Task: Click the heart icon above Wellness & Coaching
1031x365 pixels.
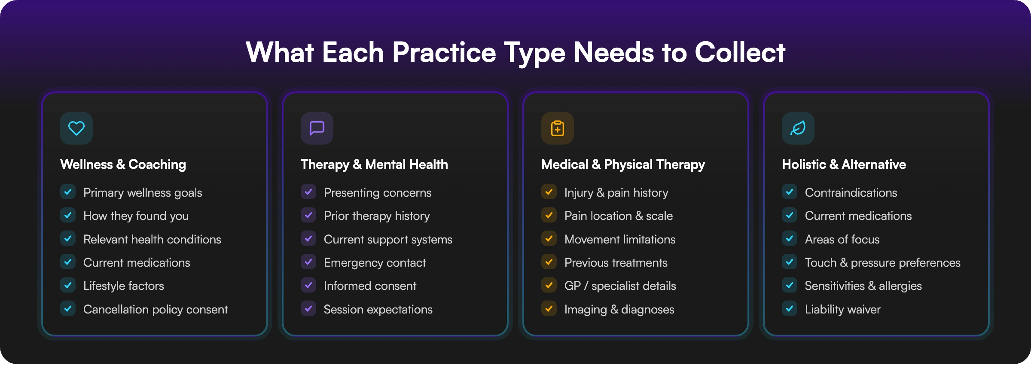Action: (x=76, y=128)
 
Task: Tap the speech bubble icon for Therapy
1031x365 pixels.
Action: (x=317, y=128)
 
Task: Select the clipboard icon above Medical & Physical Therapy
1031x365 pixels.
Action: (x=558, y=128)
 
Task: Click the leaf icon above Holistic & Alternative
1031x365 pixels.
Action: (x=798, y=128)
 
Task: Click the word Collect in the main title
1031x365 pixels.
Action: (x=740, y=52)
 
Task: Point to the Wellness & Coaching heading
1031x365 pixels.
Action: (x=123, y=164)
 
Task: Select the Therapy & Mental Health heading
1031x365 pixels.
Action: (x=374, y=164)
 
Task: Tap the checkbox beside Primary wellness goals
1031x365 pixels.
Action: (x=68, y=192)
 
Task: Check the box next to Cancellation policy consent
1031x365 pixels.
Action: (x=68, y=309)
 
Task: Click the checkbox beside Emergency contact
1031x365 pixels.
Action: (x=308, y=262)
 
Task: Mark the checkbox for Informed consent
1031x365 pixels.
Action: (x=308, y=285)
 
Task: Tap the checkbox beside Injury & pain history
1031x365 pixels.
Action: (x=549, y=192)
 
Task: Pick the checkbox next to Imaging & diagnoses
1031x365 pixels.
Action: (x=549, y=309)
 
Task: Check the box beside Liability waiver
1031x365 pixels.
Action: (x=790, y=309)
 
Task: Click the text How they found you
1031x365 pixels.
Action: (x=136, y=216)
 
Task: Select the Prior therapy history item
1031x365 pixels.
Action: (x=377, y=216)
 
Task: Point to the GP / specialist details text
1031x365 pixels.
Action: (x=620, y=286)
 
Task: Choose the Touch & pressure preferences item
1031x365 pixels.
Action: (x=882, y=262)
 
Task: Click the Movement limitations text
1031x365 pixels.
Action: (x=620, y=239)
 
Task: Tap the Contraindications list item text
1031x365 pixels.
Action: (x=851, y=192)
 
